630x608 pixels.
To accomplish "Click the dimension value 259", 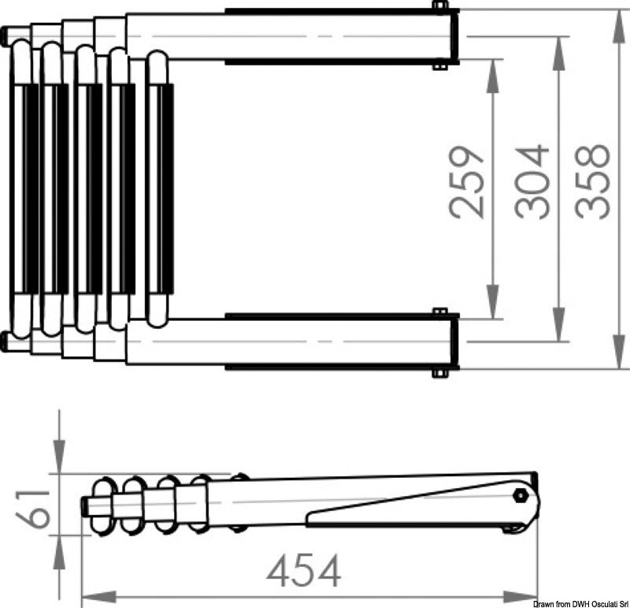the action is point(466,183).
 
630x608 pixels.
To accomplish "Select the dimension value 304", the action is point(532,182).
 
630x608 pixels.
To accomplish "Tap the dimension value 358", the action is point(592,181).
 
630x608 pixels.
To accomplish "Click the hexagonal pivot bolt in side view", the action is point(521,495).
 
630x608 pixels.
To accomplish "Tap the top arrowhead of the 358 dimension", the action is point(621,25).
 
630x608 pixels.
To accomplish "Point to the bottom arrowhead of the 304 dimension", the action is point(559,326).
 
